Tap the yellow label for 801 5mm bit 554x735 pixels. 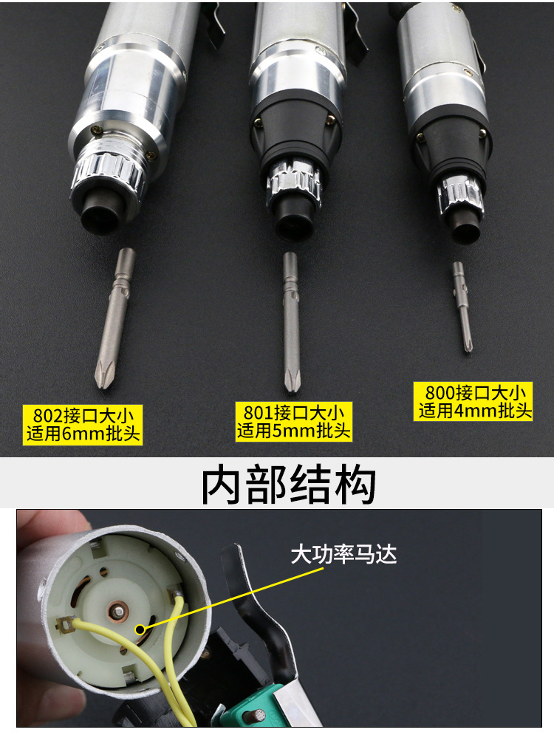tap(293, 421)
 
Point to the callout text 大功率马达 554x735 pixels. tap(343, 554)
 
